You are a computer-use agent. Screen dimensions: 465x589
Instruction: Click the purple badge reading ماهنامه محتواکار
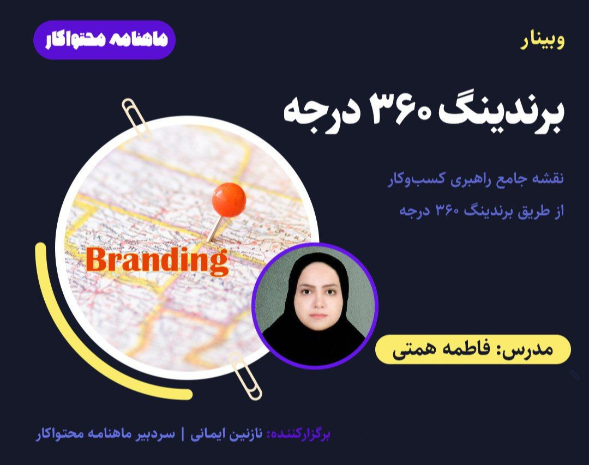pyautogui.click(x=104, y=40)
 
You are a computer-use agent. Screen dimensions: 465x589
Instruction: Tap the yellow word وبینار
pyautogui.click(x=543, y=42)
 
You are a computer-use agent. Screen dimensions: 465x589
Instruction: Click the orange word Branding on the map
pyautogui.click(x=157, y=261)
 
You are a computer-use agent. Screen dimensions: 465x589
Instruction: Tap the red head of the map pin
pyautogui.click(x=229, y=199)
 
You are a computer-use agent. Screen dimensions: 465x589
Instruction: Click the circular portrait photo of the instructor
pyautogui.click(x=315, y=305)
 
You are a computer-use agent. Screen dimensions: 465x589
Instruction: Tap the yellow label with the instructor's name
pyautogui.click(x=473, y=349)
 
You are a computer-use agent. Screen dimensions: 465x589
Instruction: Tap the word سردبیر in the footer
pyautogui.click(x=155, y=434)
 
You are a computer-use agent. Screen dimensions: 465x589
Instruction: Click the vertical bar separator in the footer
pyautogui.click(x=183, y=434)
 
